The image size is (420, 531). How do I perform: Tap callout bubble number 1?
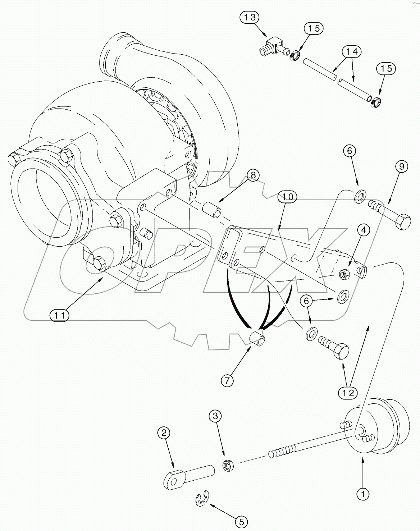click(x=362, y=494)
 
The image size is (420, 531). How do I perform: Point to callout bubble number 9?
click(x=402, y=166)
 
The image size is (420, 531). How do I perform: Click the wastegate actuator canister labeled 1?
click(x=378, y=425)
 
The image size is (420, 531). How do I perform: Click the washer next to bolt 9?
click(x=359, y=197)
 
